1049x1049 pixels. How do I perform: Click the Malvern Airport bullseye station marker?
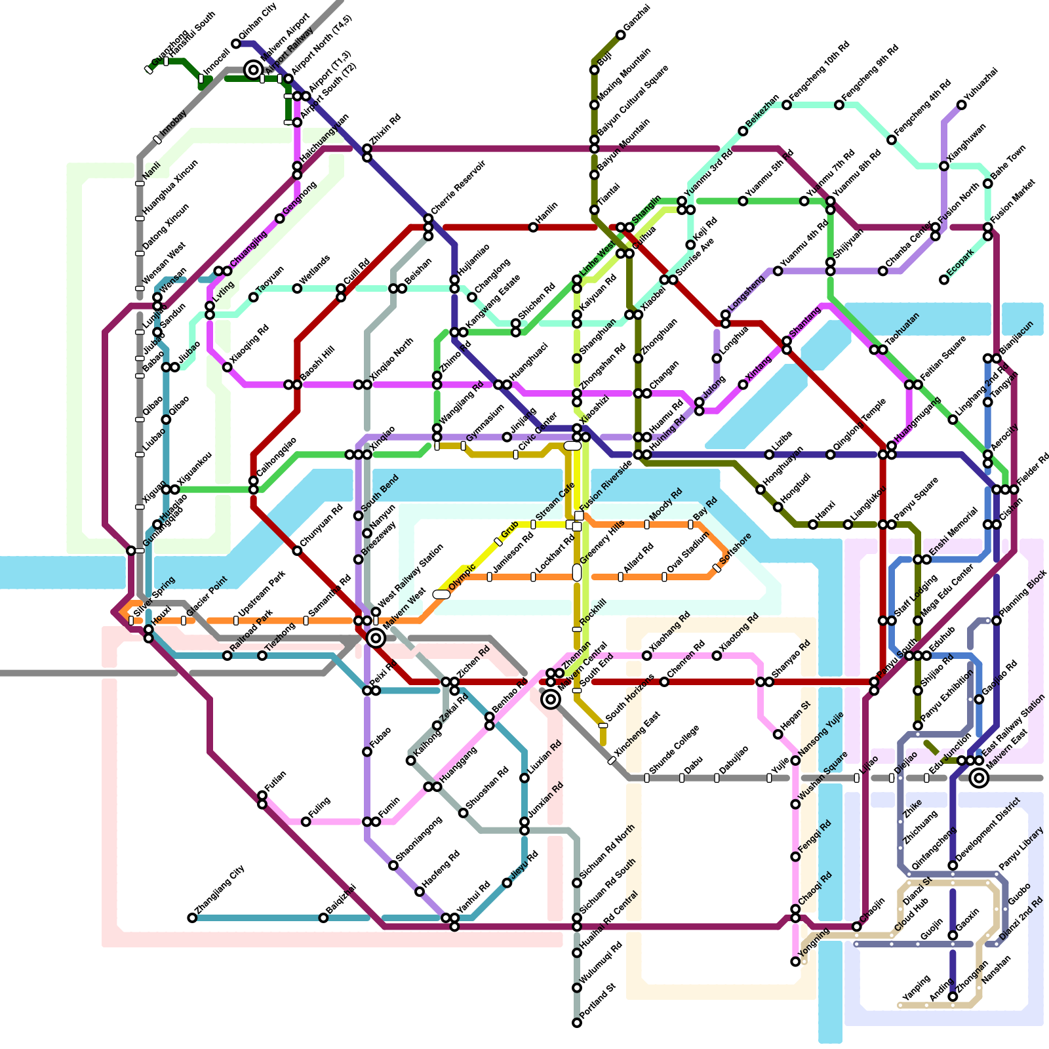tap(253, 69)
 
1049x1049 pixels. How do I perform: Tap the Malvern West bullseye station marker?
tap(376, 637)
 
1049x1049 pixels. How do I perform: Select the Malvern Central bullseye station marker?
tap(551, 700)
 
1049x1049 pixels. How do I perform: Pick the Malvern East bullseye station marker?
tap(979, 778)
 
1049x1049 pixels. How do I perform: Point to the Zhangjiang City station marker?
tap(192, 918)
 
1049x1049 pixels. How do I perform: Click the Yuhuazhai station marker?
tap(962, 105)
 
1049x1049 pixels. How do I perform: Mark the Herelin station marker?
tap(533, 228)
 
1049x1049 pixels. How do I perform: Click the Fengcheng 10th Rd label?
tap(820, 72)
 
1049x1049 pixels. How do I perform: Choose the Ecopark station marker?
tap(944, 280)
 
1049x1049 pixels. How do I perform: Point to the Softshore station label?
tap(736, 549)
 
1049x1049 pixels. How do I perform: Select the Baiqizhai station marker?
tap(323, 918)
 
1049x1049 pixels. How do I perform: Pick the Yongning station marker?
tap(795, 962)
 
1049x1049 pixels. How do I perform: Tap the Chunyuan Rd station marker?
tap(297, 551)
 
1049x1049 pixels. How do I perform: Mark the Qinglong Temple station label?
tap(860, 425)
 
